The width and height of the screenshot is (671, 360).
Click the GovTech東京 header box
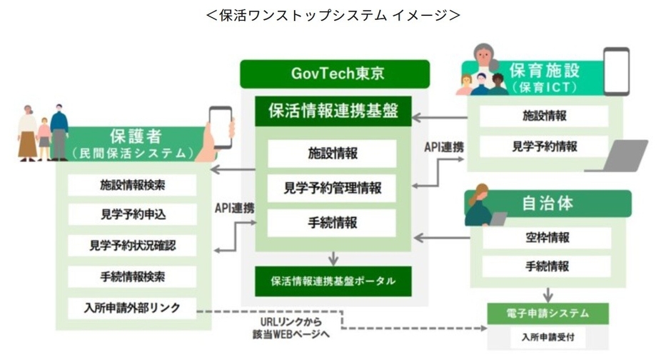coord(335,74)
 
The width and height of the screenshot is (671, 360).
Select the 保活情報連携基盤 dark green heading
coord(333,111)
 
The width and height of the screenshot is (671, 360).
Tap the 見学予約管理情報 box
coord(332,188)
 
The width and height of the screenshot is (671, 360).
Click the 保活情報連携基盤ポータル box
coord(333,281)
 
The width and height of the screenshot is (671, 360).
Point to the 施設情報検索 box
coord(132,185)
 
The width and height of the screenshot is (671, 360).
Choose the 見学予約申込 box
coord(132,214)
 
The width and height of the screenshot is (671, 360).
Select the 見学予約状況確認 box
coord(132,245)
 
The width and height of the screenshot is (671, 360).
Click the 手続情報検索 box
coord(132,276)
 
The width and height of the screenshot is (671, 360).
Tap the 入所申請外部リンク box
coord(132,308)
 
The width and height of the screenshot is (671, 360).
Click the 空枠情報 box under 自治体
coord(547,238)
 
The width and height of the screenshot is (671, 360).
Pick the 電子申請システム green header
coord(548,314)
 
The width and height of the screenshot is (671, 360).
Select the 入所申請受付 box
coord(548,337)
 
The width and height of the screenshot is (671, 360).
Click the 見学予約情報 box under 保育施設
coord(544,147)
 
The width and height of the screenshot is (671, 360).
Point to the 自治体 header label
coord(548,204)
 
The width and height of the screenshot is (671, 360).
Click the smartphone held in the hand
coord(221,128)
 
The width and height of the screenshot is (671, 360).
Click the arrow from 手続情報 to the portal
coord(333,258)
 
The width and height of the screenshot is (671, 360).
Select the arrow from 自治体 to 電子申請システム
coord(548,294)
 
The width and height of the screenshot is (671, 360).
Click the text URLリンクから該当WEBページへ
coord(291,328)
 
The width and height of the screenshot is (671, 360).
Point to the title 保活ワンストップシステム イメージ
coord(333,16)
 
